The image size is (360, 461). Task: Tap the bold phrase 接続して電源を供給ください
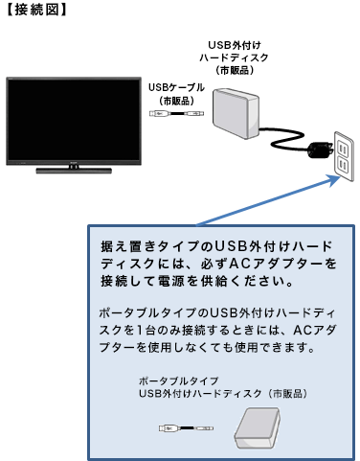coord(181,283)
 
